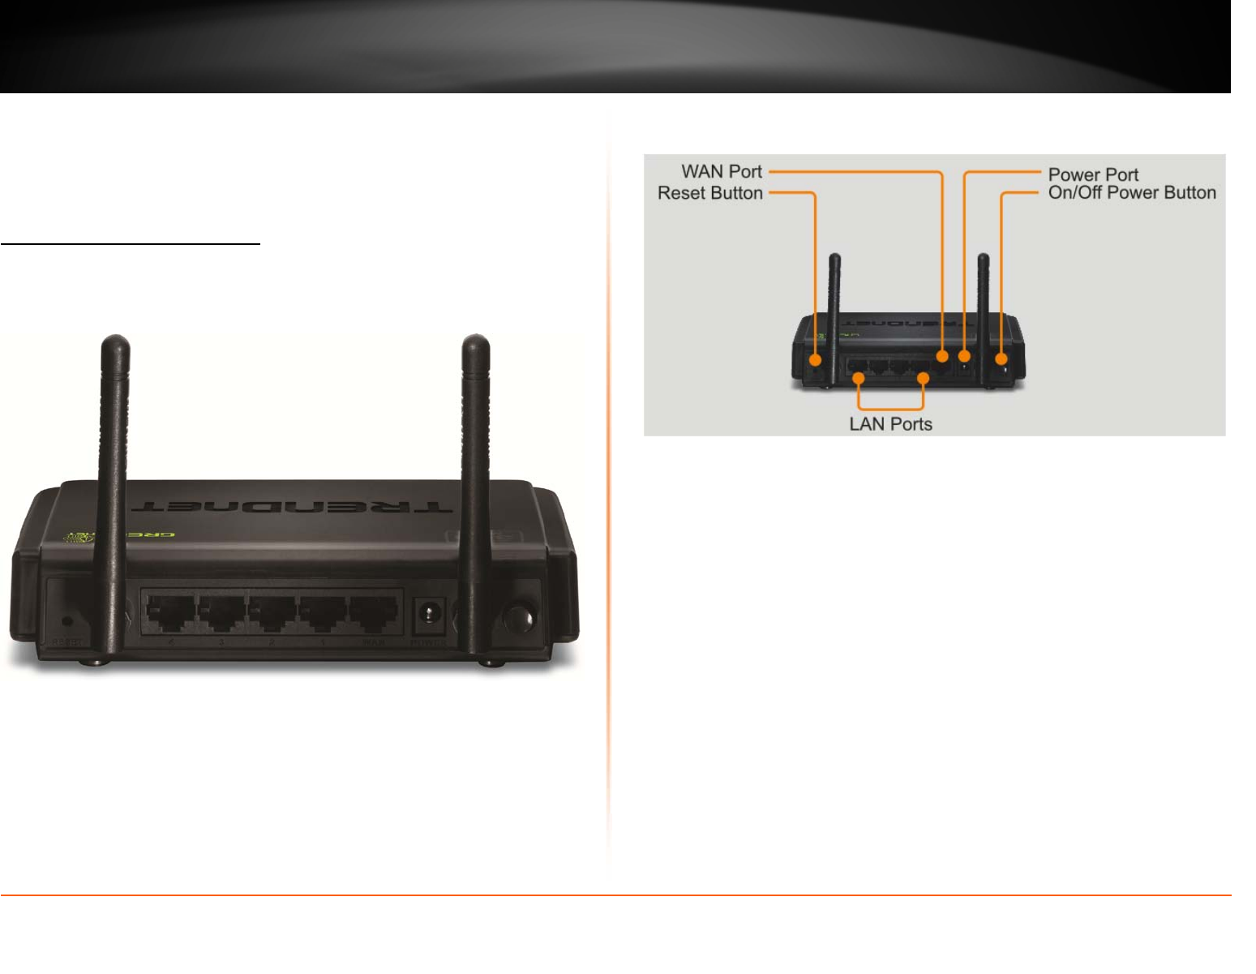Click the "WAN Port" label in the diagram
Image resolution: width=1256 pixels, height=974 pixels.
pyautogui.click(x=721, y=172)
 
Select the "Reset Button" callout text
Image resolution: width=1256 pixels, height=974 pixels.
pyautogui.click(x=709, y=193)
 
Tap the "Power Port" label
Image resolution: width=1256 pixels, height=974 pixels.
pyautogui.click(x=1093, y=174)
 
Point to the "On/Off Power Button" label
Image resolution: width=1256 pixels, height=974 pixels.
pyautogui.click(x=1132, y=193)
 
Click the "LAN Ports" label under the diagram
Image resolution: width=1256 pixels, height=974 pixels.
pyautogui.click(x=890, y=424)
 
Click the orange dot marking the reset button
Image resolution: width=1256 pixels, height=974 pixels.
pyautogui.click(x=815, y=358)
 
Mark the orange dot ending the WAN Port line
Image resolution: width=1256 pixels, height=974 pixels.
pyautogui.click(x=941, y=356)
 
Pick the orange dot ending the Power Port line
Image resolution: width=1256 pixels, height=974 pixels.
pyautogui.click(x=964, y=356)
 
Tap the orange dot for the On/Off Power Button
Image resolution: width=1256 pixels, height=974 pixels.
pyautogui.click(x=1001, y=358)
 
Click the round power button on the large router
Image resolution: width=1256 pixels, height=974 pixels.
pyautogui.click(x=518, y=618)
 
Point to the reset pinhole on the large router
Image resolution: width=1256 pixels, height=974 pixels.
pyautogui.click(x=67, y=621)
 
